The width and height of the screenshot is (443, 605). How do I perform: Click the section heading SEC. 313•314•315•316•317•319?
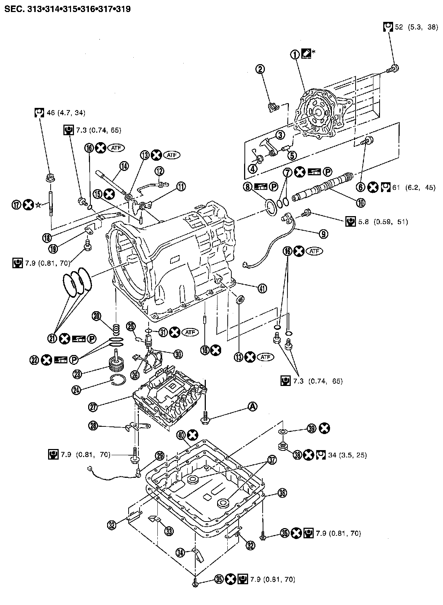coord(67,9)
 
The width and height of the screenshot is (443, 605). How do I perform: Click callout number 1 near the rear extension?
coord(295,55)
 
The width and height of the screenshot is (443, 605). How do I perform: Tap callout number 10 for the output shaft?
coord(361,202)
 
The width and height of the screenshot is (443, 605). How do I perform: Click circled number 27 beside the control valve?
coord(93,407)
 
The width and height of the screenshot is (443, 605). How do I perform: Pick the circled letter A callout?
coord(253,406)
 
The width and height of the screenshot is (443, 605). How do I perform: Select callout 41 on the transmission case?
coord(262,288)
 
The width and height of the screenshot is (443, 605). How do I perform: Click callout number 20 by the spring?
coord(97,316)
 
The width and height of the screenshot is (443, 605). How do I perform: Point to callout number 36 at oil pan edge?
coord(282,493)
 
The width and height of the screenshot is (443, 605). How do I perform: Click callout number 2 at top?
coord(260,69)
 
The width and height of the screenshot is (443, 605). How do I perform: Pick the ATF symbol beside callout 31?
coord(191,332)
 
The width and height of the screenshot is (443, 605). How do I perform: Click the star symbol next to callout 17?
coord(38,205)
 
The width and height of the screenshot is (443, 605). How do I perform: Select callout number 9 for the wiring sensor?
coord(324,234)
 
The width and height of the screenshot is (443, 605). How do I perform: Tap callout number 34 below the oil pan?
coord(180,553)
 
